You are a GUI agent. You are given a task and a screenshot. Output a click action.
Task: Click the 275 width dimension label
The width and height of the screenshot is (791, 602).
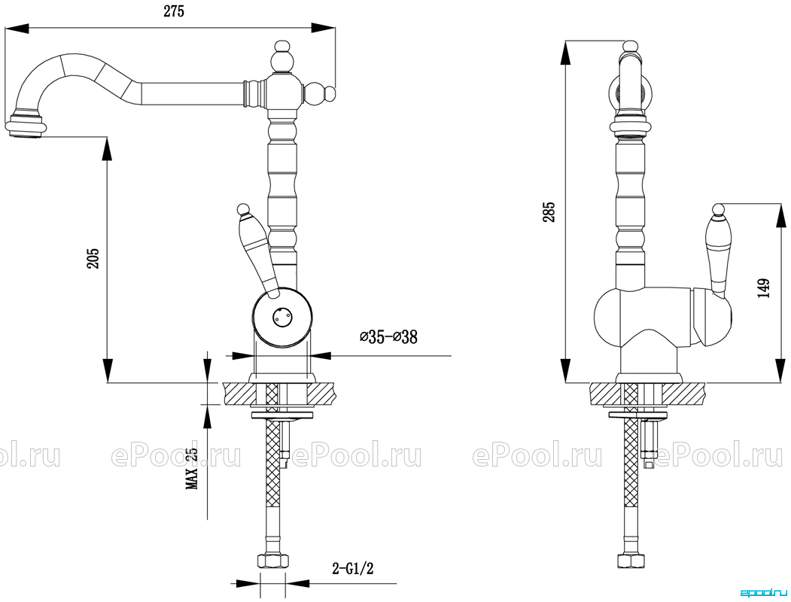tap(174, 11)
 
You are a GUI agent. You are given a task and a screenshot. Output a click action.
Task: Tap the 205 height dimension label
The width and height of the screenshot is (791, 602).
tap(94, 258)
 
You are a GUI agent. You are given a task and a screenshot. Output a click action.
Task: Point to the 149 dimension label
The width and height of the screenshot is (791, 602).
tap(764, 288)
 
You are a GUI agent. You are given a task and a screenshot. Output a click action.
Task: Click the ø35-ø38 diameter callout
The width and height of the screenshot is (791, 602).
tap(388, 336)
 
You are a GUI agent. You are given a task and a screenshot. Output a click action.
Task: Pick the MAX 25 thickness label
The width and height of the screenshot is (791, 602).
tap(192, 468)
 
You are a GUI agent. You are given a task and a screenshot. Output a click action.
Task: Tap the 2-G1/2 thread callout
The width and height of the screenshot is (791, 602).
tap(353, 569)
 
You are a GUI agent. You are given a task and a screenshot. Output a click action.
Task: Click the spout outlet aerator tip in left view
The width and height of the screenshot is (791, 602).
tap(26, 126)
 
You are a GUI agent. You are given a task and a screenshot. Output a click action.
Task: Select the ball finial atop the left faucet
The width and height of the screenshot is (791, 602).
tap(281, 57)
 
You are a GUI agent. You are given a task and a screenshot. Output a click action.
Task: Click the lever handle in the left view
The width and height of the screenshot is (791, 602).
tap(257, 250)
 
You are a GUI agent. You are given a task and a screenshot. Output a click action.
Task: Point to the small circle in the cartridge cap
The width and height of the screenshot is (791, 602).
tap(281, 317)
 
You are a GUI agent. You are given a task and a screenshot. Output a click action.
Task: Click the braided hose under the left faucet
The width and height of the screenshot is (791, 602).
tap(272, 468)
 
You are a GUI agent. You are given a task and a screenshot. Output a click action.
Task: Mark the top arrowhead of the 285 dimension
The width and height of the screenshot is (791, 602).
tap(565, 53)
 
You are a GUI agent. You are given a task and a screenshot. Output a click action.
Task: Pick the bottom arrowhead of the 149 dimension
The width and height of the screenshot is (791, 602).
tap(779, 371)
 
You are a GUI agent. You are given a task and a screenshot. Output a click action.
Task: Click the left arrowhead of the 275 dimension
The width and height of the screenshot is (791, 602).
tap(16, 28)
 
